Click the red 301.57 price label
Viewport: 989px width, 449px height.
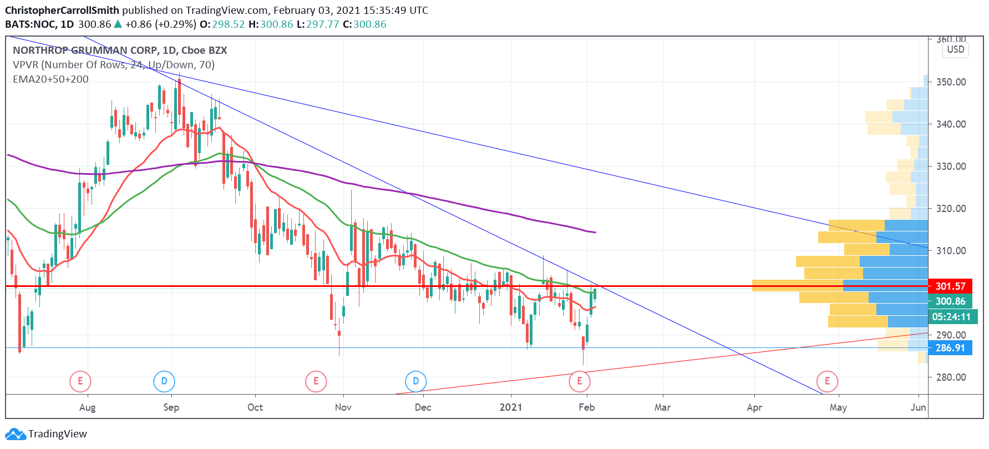pyautogui.click(x=950, y=286)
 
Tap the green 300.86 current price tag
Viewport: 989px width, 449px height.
pyautogui.click(x=950, y=301)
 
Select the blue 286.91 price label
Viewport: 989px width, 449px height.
pyautogui.click(x=950, y=348)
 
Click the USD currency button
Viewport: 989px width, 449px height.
pyautogui.click(x=955, y=49)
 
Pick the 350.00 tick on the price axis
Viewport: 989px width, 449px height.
pyautogui.click(x=951, y=82)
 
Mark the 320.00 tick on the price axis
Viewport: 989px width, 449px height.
pyautogui.click(x=951, y=208)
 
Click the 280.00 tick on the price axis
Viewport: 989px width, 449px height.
pyautogui.click(x=951, y=377)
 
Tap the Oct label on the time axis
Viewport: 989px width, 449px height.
pyautogui.click(x=255, y=407)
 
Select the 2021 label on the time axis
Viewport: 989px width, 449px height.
pyautogui.click(x=511, y=407)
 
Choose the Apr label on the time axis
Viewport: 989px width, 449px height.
pyautogui.click(x=754, y=407)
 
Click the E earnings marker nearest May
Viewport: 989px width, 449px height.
pyautogui.click(x=827, y=381)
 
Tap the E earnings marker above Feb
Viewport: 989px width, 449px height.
pyautogui.click(x=580, y=381)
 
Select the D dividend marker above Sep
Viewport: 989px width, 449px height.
pyautogui.click(x=164, y=381)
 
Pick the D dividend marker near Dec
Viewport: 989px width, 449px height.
pyautogui.click(x=416, y=381)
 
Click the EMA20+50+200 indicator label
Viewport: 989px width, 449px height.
pyautogui.click(x=50, y=79)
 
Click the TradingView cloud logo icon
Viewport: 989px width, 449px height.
pyautogui.click(x=15, y=434)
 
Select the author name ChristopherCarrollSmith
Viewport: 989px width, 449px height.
pyautogui.click(x=62, y=10)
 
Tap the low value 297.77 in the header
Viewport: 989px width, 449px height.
pyautogui.click(x=322, y=24)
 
